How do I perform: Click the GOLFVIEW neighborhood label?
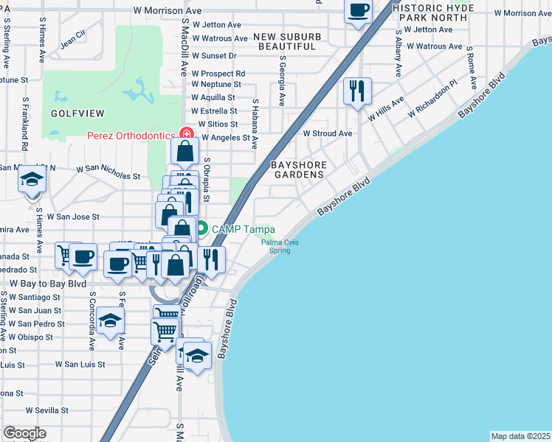coord(77,113)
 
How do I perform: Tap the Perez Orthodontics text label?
coord(131,136)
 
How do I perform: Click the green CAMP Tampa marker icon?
coord(202,228)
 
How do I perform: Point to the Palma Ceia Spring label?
coord(280,246)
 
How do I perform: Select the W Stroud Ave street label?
coord(327,134)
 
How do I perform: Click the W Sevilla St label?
coord(47,410)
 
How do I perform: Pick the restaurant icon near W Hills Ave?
coord(357,91)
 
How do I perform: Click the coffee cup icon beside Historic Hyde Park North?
coord(359,10)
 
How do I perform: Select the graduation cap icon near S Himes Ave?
coord(32,180)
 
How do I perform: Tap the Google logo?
coord(24,433)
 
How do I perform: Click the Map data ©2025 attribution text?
coord(520,436)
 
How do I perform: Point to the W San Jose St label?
coord(73,217)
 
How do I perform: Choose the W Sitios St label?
coord(215,124)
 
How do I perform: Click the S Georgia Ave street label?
coord(281,77)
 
